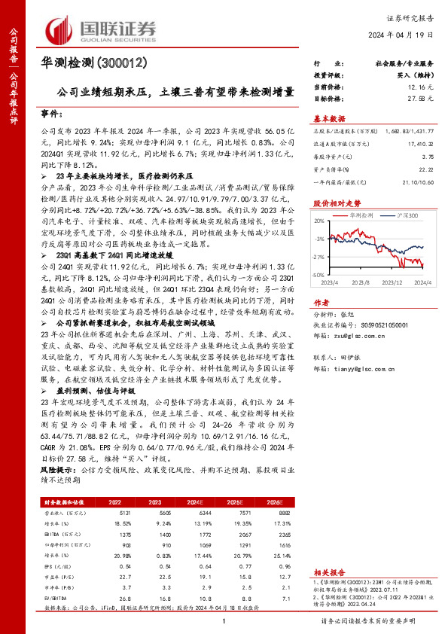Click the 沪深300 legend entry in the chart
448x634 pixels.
coord(393,215)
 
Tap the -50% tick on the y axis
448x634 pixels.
coord(318,276)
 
